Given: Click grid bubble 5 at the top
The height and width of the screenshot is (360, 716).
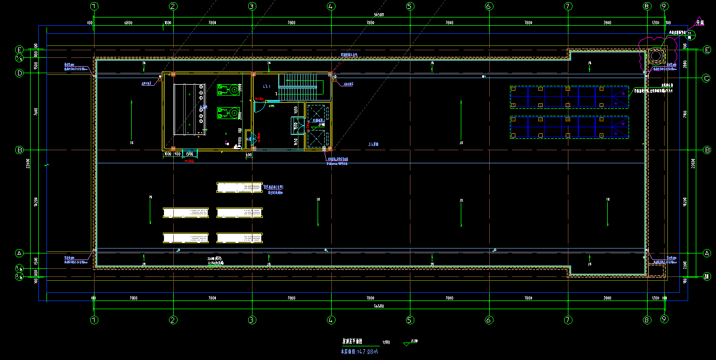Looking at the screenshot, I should point(409,7).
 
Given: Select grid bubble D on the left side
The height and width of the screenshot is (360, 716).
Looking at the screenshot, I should point(19,73).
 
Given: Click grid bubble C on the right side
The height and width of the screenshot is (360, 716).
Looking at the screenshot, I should point(706,78).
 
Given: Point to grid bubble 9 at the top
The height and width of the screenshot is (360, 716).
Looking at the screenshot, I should point(664,7).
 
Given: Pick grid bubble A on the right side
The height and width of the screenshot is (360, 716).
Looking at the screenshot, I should point(706,253).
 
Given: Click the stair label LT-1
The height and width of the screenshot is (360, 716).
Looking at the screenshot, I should point(267,86).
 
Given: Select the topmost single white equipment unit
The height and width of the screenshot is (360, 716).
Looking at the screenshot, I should point(239,187).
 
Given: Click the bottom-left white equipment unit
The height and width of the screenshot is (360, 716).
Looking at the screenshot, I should point(186,238).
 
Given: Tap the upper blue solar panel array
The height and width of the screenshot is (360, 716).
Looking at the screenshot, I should point(569,97).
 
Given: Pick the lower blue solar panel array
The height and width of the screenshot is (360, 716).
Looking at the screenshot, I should point(569,127).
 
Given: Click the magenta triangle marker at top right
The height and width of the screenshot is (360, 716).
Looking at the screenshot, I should point(699,22).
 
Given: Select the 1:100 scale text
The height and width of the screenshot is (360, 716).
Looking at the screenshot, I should point(386,343).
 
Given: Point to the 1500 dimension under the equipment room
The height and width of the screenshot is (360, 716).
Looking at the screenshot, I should point(189,154).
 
